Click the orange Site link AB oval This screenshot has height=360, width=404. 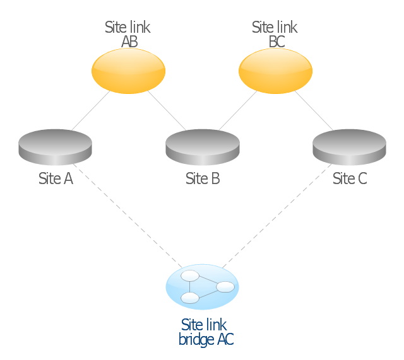tap(128, 71)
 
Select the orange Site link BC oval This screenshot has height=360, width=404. tap(275, 71)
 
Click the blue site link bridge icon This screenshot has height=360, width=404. tap(202, 287)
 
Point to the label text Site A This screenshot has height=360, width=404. tap(56, 178)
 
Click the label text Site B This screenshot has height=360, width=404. tap(203, 178)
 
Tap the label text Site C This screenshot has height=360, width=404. tap(349, 178)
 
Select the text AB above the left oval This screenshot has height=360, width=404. tap(129, 42)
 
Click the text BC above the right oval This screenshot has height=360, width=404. tap(276, 42)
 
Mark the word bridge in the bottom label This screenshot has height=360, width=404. tap(196, 340)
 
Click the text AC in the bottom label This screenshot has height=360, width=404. tap(225, 340)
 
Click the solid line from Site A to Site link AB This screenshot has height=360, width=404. tap(90, 112)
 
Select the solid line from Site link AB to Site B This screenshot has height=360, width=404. tap(167, 112)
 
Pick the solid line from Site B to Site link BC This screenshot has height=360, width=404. tap(237, 112)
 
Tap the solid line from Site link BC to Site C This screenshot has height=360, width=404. tap(314, 112)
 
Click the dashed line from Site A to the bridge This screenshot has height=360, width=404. tap(129, 214)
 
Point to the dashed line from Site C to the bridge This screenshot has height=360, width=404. tap(276, 214)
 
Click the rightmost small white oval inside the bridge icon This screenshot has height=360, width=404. tap(225, 287)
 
